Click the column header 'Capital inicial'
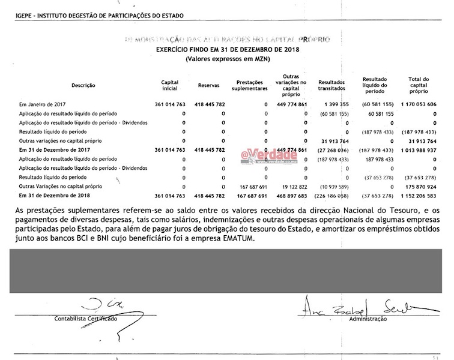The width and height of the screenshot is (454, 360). point(170,85)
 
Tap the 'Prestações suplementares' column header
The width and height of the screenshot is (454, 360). point(251,85)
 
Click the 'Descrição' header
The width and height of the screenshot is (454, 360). point(83,85)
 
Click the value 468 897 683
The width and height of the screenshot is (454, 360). point(290,196)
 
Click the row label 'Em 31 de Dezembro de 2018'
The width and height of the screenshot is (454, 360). point(50,196)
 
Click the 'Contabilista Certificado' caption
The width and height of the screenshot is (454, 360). point(86,318)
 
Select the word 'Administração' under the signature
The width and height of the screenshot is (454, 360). point(368,319)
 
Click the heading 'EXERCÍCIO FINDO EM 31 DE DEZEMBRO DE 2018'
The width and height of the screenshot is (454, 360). point(227,49)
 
